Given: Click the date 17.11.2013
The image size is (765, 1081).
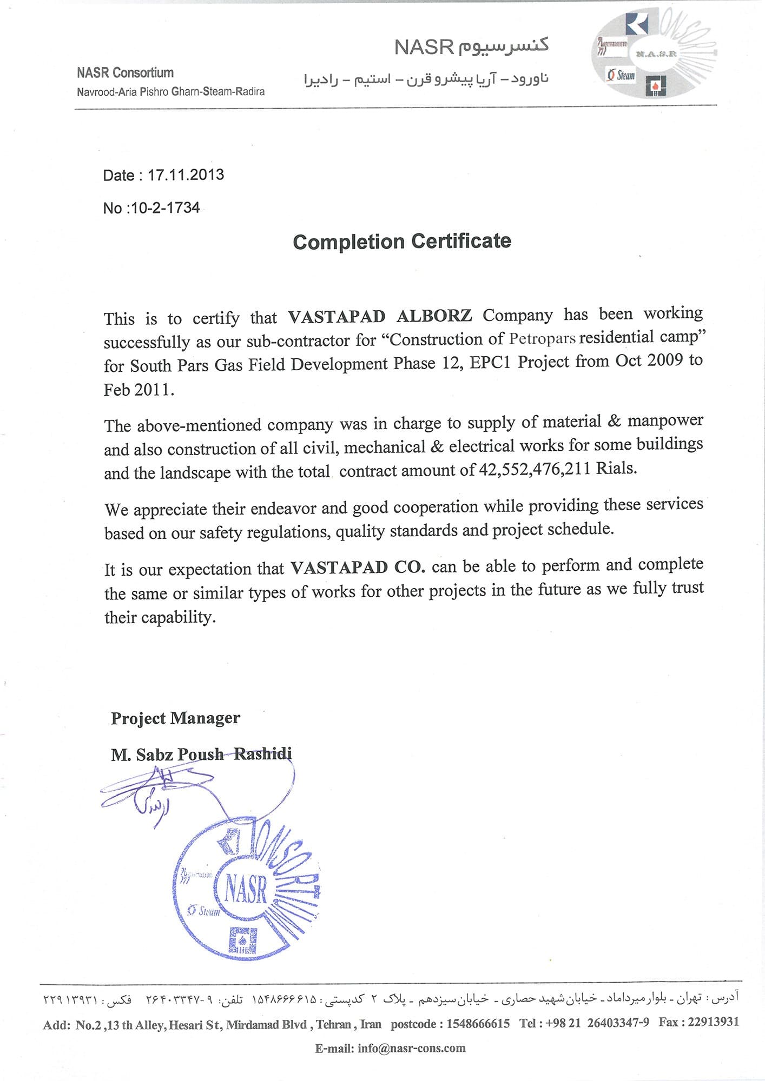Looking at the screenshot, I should pyautogui.click(x=186, y=175).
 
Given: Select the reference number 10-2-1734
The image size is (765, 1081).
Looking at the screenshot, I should pyautogui.click(x=165, y=208).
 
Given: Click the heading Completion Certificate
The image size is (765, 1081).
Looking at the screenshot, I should pyautogui.click(x=401, y=241).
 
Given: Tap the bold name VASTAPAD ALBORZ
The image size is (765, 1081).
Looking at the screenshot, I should pyautogui.click(x=380, y=316).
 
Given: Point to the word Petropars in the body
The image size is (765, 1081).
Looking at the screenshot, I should pyautogui.click(x=542, y=339).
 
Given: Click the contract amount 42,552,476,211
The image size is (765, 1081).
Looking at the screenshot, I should pyautogui.click(x=535, y=469).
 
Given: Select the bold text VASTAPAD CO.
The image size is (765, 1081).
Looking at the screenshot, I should pyautogui.click(x=358, y=567).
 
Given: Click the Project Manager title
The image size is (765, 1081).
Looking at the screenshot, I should pyautogui.click(x=175, y=718).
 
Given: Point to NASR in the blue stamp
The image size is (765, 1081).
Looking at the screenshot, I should pyautogui.click(x=246, y=889).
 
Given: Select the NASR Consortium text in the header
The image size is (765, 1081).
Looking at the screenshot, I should pyautogui.click(x=125, y=72).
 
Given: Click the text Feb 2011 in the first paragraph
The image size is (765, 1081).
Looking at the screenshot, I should pyautogui.click(x=139, y=389).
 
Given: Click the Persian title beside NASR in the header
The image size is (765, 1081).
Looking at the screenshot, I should pyautogui.click(x=503, y=46).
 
